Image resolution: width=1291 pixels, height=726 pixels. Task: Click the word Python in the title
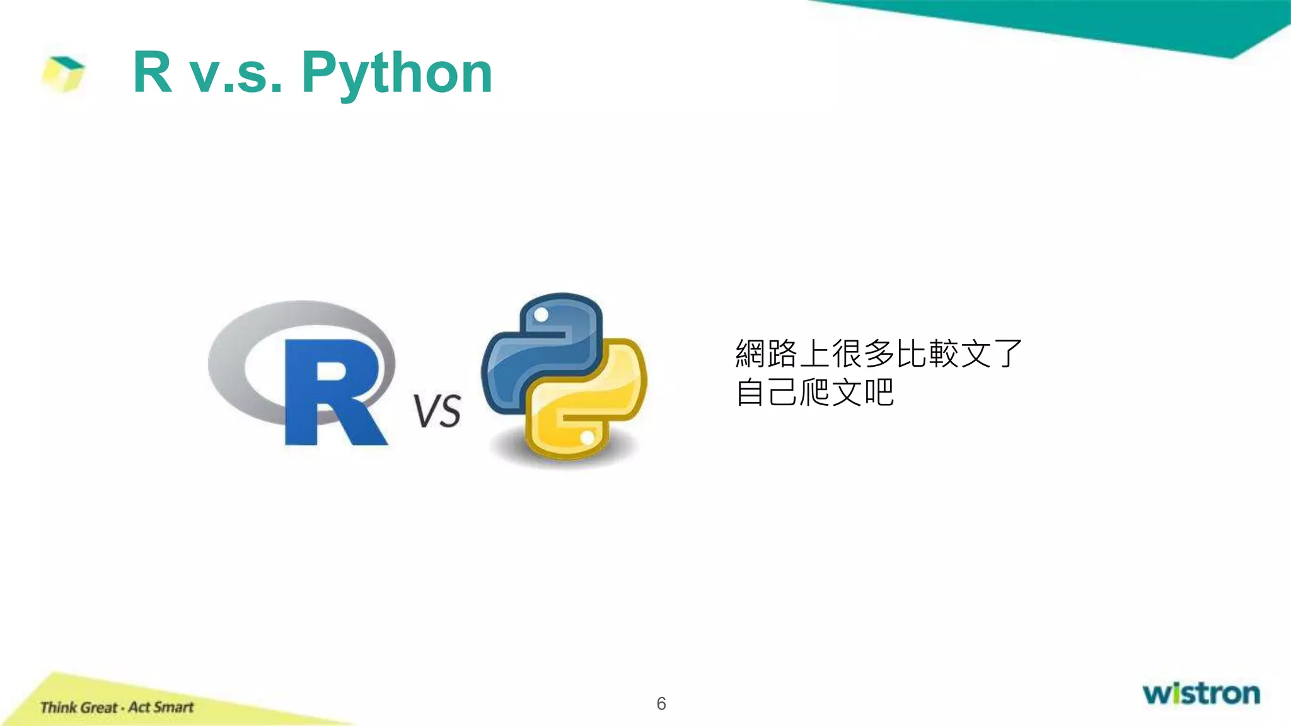(397, 74)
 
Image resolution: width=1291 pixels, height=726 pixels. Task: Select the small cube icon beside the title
(63, 73)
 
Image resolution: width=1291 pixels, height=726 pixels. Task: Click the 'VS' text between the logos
(437, 412)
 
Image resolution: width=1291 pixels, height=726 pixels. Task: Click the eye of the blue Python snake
(541, 314)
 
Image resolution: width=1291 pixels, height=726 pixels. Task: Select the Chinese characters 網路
(767, 354)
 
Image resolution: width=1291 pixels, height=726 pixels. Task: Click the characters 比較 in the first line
(927, 354)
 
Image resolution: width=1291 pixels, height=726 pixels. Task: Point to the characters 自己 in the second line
(767, 393)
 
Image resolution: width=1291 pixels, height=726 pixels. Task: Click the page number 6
(661, 703)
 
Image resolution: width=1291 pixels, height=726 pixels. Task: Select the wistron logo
(1201, 693)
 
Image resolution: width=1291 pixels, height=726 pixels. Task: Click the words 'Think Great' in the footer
(79, 708)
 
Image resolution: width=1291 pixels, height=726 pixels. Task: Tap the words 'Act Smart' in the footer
(161, 707)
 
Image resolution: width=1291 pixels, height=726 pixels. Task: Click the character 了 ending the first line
(1008, 354)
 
